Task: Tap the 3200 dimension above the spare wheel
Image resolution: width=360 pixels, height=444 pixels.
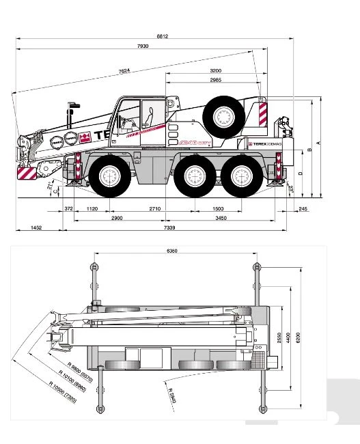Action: click(x=216, y=71)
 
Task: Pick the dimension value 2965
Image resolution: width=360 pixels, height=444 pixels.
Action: click(x=216, y=81)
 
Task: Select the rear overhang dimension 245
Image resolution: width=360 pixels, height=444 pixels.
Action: click(x=303, y=208)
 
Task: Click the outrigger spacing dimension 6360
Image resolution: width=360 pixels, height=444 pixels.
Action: click(x=172, y=251)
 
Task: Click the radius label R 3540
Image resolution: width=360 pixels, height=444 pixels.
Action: click(x=171, y=395)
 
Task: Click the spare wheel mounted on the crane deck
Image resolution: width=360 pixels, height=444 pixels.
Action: click(x=223, y=117)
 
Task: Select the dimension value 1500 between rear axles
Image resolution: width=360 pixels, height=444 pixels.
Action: click(x=217, y=208)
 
